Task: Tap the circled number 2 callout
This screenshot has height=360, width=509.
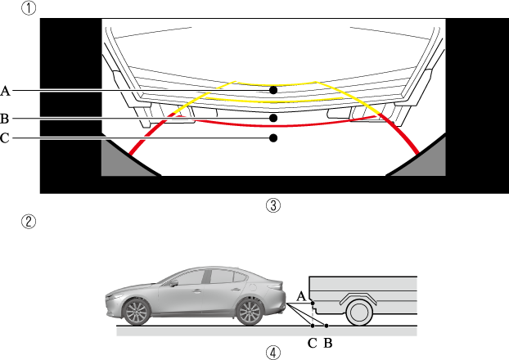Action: tap(29, 221)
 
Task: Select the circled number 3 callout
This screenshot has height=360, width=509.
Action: tap(274, 205)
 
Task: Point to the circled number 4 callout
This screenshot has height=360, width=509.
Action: tap(274, 353)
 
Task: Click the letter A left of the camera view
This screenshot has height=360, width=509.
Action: tap(6, 89)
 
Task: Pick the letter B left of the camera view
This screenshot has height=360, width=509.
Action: tap(6, 118)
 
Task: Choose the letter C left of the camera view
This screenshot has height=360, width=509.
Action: tap(6, 138)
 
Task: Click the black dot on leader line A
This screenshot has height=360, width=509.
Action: tap(274, 89)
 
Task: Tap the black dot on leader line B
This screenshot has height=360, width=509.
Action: tap(274, 118)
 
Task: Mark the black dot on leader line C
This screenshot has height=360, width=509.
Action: tap(274, 138)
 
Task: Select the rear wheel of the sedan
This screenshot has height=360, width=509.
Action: tap(250, 310)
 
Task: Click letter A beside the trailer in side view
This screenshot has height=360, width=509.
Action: tap(300, 295)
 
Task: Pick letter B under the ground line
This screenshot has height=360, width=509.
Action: tap(327, 343)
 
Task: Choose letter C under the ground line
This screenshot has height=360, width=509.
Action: tap(312, 343)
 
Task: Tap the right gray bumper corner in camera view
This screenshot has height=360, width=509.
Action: tap(426, 163)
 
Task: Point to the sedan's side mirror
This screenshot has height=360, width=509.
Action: tap(175, 286)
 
